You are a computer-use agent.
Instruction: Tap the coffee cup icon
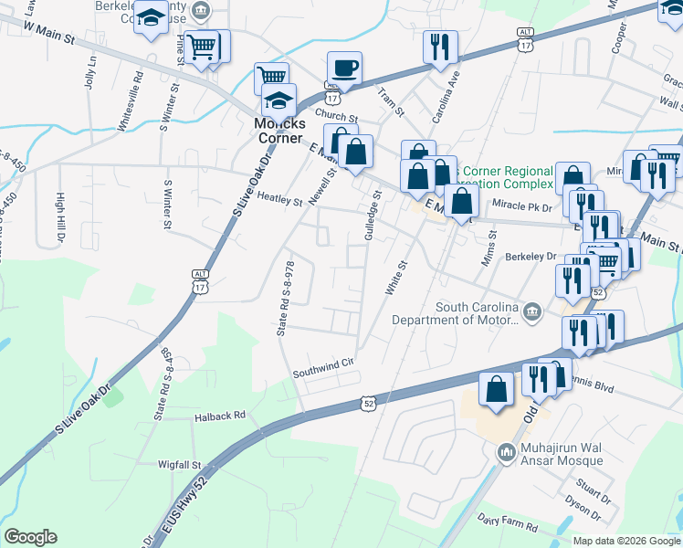(344, 68)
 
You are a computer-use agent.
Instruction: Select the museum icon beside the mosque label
(506, 452)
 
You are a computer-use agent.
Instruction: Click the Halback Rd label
(221, 415)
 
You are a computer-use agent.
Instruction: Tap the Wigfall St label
(179, 464)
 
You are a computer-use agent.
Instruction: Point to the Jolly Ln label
(90, 70)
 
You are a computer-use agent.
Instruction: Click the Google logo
(30, 537)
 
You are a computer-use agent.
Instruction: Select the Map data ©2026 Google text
(625, 541)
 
